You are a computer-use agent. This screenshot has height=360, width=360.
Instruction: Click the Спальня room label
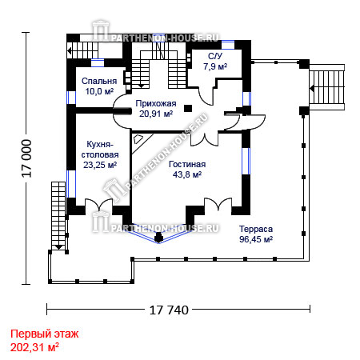[99, 81]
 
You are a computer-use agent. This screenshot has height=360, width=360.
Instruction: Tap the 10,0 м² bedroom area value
[99, 91]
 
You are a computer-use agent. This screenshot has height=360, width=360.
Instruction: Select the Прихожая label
[156, 103]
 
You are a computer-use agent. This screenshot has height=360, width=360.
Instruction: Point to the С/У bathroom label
[215, 56]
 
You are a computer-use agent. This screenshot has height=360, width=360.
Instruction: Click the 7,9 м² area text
[215, 66]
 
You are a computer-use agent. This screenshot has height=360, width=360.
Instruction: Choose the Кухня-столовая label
[100, 150]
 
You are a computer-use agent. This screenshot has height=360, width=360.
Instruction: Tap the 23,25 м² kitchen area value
[100, 165]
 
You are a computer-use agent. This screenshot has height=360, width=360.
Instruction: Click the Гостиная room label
[187, 164]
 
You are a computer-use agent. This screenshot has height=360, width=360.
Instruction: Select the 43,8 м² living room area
[187, 174]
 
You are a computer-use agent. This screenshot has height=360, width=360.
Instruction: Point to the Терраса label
[256, 229]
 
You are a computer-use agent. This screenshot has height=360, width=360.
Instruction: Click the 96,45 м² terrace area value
[256, 239]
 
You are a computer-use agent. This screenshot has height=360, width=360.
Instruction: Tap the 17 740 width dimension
[169, 310]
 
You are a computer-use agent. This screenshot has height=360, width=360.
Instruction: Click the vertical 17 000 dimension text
[27, 158]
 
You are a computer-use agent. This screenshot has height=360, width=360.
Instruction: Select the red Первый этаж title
[45, 334]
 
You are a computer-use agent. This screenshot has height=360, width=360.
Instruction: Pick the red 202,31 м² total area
[34, 347]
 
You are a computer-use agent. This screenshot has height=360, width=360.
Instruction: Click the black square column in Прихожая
[188, 108]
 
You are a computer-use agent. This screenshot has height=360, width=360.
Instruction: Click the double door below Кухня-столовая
[98, 205]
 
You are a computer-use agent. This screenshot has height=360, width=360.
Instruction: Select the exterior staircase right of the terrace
[327, 87]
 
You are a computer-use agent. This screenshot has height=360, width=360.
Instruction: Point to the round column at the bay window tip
[158, 237]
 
